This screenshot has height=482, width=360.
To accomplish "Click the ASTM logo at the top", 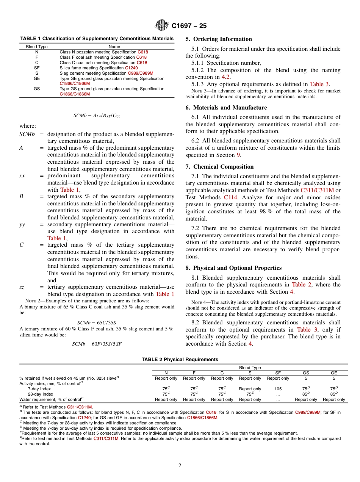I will [x=162, y=25].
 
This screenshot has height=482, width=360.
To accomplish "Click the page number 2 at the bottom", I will [x=180, y=466].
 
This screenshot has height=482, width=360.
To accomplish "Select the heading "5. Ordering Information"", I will [x=219, y=39].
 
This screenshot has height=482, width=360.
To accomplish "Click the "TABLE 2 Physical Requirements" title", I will [x=180, y=359].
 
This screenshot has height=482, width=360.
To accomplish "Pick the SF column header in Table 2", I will [x=278, y=373].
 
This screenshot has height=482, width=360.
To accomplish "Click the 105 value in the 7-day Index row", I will [x=278, y=389].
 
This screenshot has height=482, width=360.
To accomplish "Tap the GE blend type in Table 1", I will [x=37, y=78].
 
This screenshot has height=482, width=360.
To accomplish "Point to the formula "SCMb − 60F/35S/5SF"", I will [x=97, y=344].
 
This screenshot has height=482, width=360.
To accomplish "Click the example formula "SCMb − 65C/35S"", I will [x=97, y=323].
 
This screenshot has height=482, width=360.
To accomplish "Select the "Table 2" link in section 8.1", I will [x=301, y=285].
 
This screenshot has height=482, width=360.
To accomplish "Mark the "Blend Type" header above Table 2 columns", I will [x=250, y=368].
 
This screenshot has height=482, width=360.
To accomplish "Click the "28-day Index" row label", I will [x=41, y=394].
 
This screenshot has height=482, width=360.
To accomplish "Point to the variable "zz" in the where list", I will [x=22, y=287].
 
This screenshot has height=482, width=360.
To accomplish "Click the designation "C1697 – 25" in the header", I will [x=189, y=26].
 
